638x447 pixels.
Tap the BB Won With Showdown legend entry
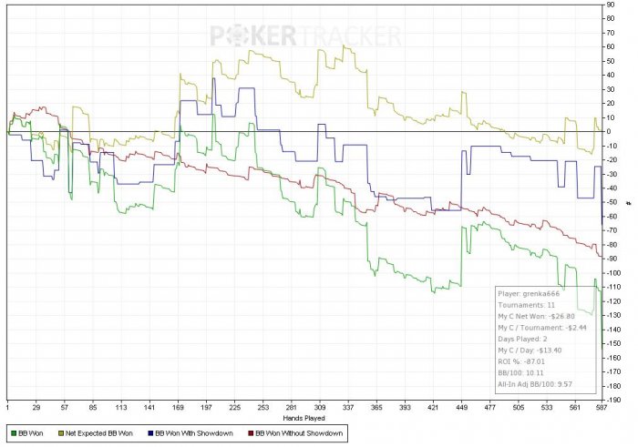point(201,433)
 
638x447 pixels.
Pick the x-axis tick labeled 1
point(7,408)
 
